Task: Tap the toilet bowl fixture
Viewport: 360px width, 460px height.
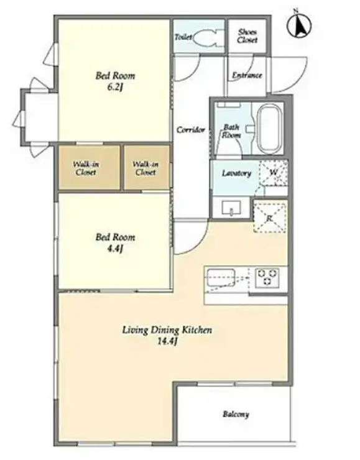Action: (208, 37)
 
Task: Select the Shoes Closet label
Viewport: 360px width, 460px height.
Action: (247, 36)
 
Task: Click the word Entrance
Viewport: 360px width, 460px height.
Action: (247, 75)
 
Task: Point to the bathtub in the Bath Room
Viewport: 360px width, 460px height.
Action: (270, 129)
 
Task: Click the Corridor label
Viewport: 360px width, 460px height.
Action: (191, 129)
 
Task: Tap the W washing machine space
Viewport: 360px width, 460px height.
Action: (274, 172)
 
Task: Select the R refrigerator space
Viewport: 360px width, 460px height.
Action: (270, 218)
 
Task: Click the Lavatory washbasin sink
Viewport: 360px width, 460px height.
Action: (232, 208)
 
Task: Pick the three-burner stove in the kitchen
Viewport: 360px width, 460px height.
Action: (267, 277)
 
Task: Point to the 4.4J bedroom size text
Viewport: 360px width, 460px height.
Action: (115, 249)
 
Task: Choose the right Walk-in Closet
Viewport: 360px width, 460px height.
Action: (147, 168)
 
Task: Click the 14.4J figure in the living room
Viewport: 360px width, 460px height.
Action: (167, 341)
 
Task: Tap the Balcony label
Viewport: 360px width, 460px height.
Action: (236, 414)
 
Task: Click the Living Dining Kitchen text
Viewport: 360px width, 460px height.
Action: (167, 330)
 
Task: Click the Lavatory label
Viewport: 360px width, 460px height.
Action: (236, 173)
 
